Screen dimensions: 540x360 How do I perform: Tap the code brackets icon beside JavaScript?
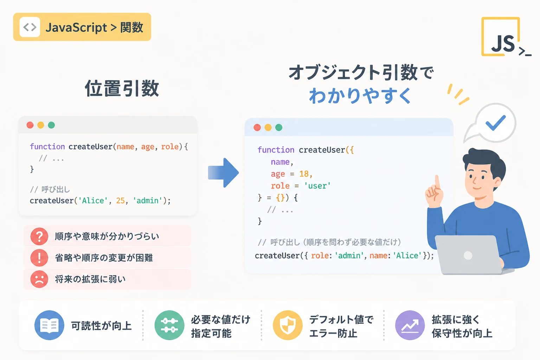(x=30, y=27)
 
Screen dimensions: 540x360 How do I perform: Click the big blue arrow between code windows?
(x=223, y=173)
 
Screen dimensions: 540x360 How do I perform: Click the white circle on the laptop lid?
(x=468, y=255)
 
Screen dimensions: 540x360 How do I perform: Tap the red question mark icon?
(x=39, y=236)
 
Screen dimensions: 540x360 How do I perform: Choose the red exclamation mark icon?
(x=39, y=258)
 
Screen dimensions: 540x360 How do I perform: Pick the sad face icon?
(x=39, y=279)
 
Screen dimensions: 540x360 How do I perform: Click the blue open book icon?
(x=49, y=325)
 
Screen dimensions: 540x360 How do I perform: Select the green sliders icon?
(x=169, y=325)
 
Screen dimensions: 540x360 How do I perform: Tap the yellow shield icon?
(x=288, y=325)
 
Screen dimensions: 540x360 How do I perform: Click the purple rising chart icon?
(x=410, y=325)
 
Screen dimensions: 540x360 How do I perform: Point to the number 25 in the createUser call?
(x=120, y=201)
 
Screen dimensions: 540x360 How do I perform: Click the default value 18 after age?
(x=304, y=174)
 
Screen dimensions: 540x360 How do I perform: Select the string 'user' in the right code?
(x=317, y=186)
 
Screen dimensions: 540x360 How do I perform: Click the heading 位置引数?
(x=122, y=89)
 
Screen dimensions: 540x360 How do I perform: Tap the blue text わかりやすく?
(x=360, y=96)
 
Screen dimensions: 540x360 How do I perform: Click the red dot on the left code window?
(x=30, y=125)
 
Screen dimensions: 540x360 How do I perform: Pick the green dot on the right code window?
(x=279, y=127)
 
